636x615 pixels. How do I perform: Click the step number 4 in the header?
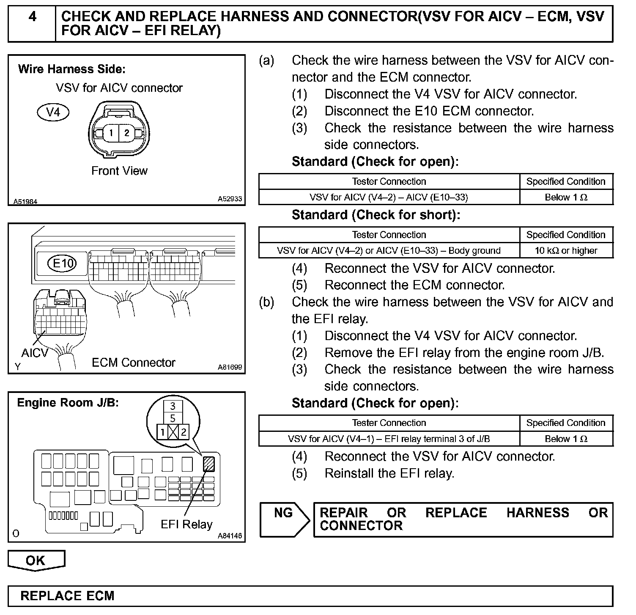pos(32,17)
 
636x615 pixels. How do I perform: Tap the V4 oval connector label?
pos(53,112)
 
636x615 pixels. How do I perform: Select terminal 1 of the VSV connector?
pos(111,133)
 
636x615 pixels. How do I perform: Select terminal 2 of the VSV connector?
pos(126,133)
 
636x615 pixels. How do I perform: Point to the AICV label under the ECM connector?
pos(35,352)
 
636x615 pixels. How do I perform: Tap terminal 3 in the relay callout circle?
pos(173,406)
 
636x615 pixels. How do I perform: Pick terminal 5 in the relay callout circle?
pos(173,419)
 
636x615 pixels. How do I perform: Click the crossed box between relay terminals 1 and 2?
pos(173,432)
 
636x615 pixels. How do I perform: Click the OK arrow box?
pos(36,560)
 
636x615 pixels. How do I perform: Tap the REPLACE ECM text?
pos(68,596)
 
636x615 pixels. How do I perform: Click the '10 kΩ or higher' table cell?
pos(566,250)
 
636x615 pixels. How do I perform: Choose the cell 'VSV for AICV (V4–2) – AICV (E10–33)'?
pos(389,197)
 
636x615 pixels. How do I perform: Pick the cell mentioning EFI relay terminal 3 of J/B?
pos(389,439)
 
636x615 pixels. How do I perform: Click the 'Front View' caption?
pos(119,171)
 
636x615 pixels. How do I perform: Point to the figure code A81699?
pos(230,367)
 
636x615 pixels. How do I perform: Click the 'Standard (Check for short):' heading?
pos(376,215)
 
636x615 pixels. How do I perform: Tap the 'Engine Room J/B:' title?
pos(68,403)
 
